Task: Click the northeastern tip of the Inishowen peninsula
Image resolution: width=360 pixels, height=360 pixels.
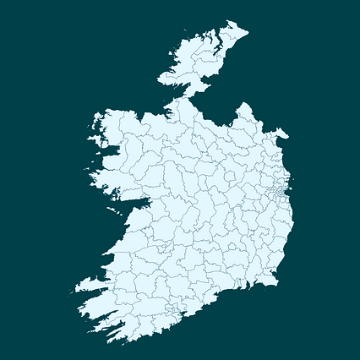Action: click(x=247, y=27)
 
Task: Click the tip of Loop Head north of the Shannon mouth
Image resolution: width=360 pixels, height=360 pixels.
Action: click(x=103, y=255)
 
